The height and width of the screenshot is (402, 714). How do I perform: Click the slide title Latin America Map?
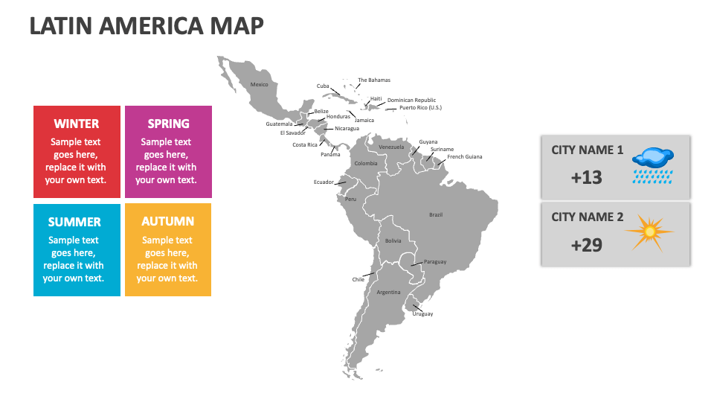(147, 25)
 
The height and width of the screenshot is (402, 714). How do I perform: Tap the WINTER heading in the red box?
(77, 124)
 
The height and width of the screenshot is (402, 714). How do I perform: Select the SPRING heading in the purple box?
(168, 124)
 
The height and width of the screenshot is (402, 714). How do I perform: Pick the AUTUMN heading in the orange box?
(168, 221)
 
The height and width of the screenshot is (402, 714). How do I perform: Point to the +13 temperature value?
(586, 177)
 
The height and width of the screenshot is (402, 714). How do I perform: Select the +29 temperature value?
(586, 244)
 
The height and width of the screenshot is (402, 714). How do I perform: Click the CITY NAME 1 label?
(587, 150)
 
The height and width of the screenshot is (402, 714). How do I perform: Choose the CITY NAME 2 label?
(587, 217)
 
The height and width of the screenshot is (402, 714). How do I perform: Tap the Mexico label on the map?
(259, 85)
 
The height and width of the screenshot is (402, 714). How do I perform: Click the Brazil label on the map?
(436, 215)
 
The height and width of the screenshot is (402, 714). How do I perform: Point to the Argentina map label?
(388, 293)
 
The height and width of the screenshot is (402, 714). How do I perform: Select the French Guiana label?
(465, 157)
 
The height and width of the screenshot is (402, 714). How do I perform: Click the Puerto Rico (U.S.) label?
(420, 108)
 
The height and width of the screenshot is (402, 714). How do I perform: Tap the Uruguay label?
(422, 314)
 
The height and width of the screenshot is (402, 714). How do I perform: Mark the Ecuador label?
(324, 182)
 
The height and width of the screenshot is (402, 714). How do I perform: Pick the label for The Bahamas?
(374, 80)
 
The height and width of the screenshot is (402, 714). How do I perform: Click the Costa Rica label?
(305, 145)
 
